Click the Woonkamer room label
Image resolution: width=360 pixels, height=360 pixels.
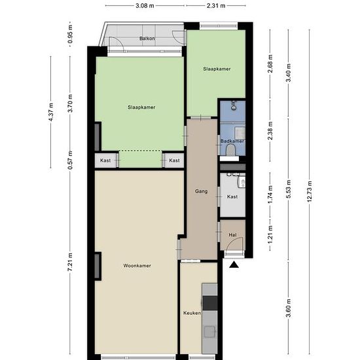pyautogui.click(x=137, y=266)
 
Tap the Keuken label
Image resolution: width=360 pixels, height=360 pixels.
pyautogui.click(x=192, y=313)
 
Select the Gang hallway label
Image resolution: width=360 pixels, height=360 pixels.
pyautogui.click(x=202, y=191)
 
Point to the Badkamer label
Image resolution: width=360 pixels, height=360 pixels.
pyautogui.click(x=232, y=141)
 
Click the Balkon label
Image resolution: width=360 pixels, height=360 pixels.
pyautogui.click(x=147, y=39)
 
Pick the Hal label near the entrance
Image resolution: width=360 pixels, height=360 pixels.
pyautogui.click(x=232, y=235)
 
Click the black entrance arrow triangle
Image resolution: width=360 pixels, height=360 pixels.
pyautogui.click(x=234, y=264)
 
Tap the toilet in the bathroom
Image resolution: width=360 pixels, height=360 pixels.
pyautogui.click(x=230, y=150)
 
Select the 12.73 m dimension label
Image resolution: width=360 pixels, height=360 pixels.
pyautogui.click(x=310, y=192)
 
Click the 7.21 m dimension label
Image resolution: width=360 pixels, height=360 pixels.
pyautogui.click(x=70, y=262)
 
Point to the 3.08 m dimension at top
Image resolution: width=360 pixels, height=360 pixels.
pyautogui.click(x=145, y=6)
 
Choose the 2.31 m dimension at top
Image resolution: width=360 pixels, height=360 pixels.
pyautogui.click(x=216, y=6)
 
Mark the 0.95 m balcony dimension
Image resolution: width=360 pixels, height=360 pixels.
pyautogui.click(x=70, y=34)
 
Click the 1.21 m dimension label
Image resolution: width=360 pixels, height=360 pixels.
pyautogui.click(x=270, y=234)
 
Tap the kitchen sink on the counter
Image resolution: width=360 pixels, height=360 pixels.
pyautogui.click(x=209, y=332)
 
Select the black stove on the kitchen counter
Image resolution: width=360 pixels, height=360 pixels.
pyautogui.click(x=210, y=303)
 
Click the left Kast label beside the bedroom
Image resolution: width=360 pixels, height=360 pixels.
pyautogui.click(x=105, y=160)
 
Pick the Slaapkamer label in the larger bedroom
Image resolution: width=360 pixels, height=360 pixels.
pyautogui.click(x=141, y=107)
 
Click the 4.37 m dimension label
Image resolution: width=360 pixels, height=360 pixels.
pyautogui.click(x=51, y=112)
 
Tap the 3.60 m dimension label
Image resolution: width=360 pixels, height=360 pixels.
pyautogui.click(x=289, y=308)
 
